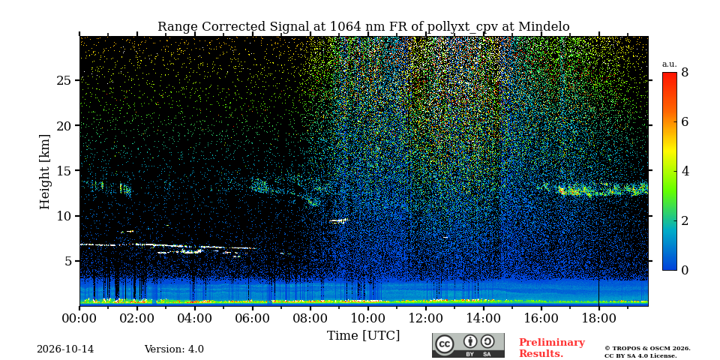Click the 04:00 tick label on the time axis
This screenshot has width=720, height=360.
point(195,318)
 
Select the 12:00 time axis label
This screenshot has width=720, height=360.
point(426,318)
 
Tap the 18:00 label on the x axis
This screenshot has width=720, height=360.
point(598,318)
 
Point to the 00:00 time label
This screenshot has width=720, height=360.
point(79,318)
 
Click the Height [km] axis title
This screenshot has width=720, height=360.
point(44,172)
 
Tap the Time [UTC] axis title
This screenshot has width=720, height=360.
point(363,336)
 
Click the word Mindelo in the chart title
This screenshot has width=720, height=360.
point(544,27)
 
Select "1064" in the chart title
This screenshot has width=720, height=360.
point(340,27)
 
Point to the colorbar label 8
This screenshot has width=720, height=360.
point(685,73)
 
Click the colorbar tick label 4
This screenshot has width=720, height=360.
point(685,171)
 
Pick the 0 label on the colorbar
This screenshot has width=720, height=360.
point(685,270)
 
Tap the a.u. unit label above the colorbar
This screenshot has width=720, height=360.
point(669,64)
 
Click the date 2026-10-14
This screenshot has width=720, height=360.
point(65,349)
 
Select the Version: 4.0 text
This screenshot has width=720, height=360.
point(174,349)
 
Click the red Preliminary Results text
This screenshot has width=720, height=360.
point(552,348)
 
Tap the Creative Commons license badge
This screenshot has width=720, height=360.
point(468,345)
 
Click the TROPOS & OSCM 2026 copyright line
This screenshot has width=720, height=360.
point(647,349)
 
